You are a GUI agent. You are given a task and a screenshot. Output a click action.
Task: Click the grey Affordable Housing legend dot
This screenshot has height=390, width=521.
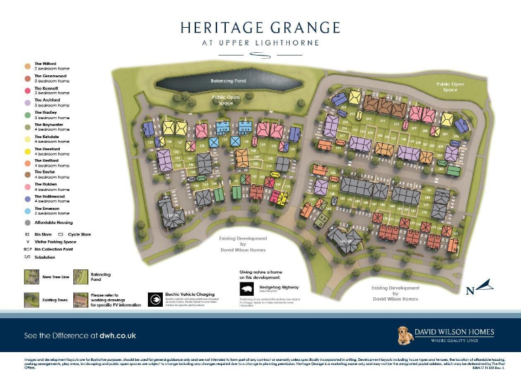[x=26, y=222]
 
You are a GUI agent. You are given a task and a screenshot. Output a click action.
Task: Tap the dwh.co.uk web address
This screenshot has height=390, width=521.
[x=114, y=335]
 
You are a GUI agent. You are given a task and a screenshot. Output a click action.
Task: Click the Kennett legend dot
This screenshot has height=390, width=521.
[x=26, y=90]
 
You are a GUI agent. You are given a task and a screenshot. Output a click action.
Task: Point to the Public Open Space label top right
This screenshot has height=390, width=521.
[x=450, y=87]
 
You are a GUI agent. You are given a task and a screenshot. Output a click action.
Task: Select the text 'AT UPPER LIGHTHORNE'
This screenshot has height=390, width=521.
[x=260, y=42]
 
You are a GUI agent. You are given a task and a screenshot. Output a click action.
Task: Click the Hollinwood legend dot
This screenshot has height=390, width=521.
[x=26, y=199]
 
